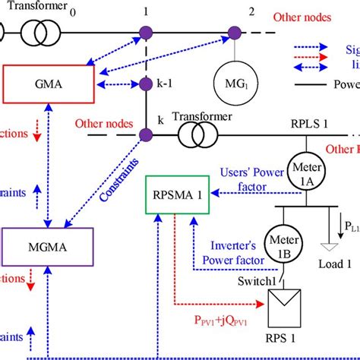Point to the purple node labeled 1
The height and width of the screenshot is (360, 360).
pos(144,33)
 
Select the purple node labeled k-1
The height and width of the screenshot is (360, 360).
pos(144,84)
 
